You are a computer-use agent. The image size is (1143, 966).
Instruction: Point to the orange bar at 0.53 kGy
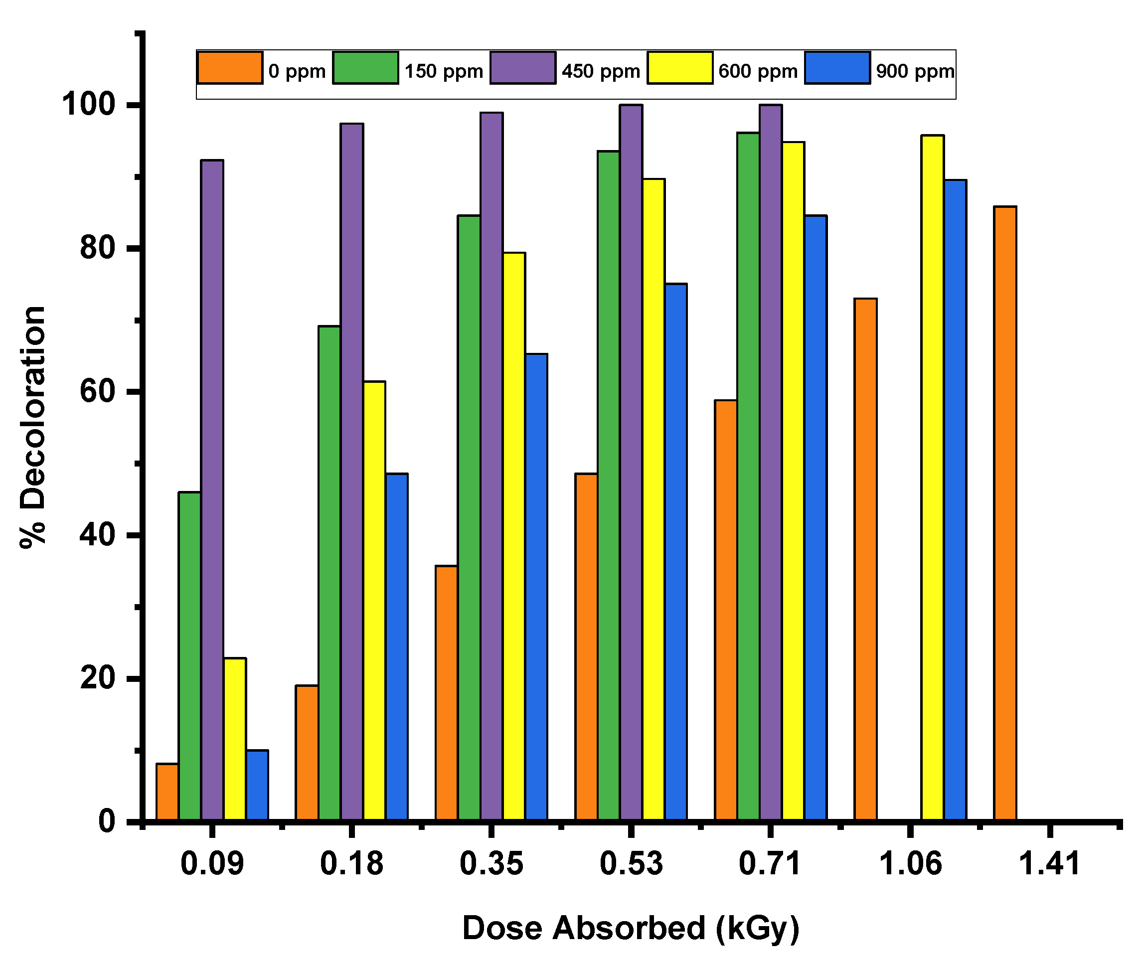586,646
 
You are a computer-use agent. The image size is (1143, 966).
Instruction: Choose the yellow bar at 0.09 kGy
235,739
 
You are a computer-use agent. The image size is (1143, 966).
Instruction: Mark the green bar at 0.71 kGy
748,477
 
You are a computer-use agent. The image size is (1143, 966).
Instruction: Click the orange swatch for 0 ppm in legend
230,68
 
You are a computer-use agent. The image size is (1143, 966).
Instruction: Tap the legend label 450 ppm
601,72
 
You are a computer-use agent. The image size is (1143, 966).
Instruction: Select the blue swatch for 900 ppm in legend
837,68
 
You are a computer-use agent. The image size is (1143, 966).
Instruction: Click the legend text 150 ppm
444,72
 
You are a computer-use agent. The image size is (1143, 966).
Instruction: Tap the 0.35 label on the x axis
491,864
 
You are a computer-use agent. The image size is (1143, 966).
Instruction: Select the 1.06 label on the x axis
910,864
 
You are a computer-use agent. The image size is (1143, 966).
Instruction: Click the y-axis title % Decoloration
33,427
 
